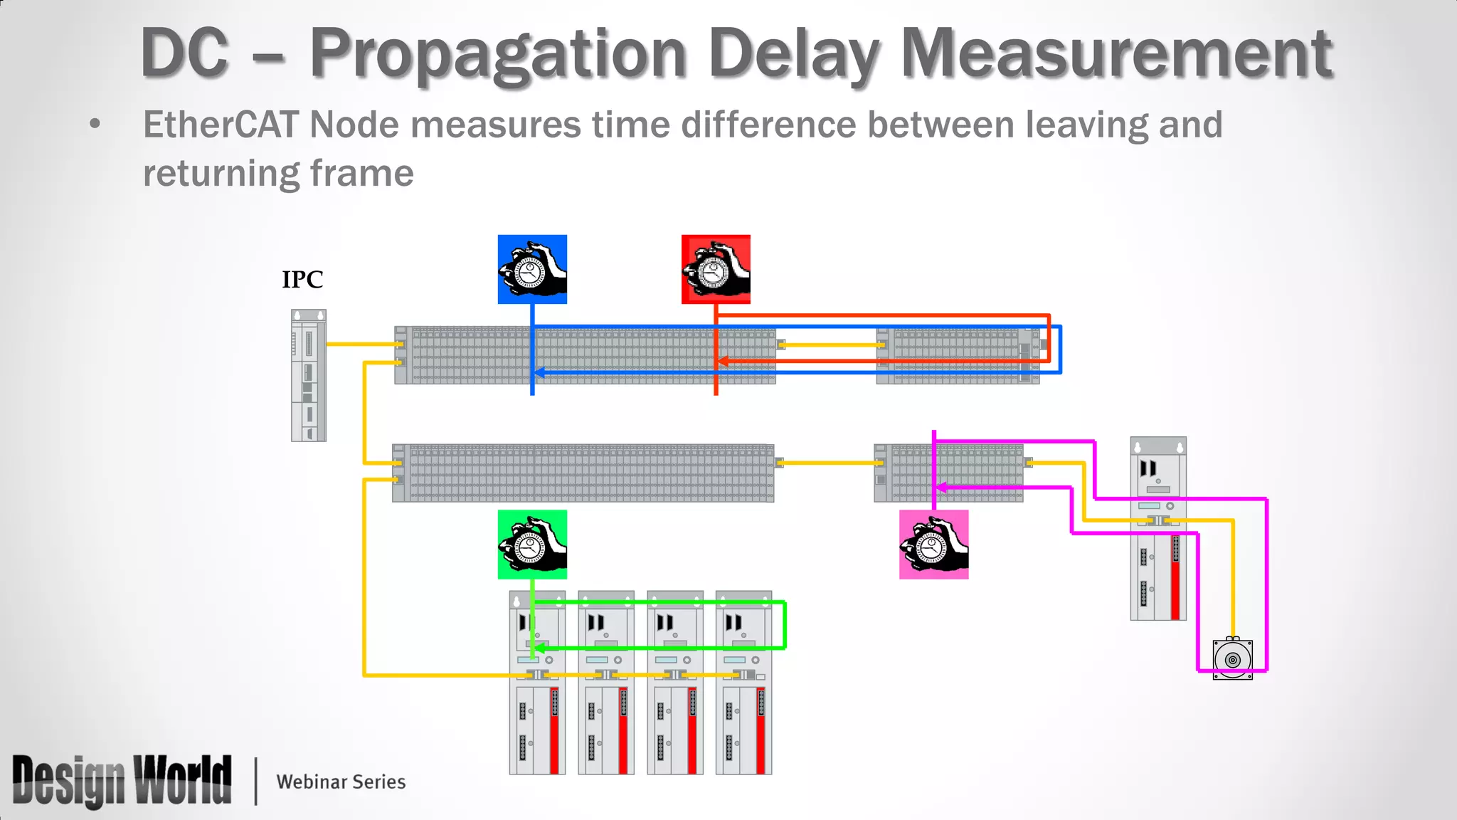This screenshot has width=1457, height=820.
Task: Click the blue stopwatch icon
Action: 532,269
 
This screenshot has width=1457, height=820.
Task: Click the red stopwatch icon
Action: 716,269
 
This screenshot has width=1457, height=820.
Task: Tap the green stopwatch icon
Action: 532,544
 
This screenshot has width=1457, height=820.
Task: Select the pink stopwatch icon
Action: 933,544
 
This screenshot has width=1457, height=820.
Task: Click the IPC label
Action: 302,279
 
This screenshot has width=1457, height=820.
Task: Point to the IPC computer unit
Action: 309,375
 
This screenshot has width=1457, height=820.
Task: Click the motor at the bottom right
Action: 1233,658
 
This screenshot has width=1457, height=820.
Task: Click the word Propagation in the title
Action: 498,54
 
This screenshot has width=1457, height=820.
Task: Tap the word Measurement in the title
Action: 1117,54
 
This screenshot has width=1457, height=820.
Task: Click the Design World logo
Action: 122,781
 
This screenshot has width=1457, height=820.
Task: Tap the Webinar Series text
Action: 341,782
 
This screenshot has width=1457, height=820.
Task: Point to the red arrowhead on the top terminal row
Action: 723,362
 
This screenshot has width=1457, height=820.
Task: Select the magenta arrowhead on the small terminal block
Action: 941,488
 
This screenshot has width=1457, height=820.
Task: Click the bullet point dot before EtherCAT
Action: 95,125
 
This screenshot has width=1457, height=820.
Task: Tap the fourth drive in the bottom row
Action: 743,682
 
